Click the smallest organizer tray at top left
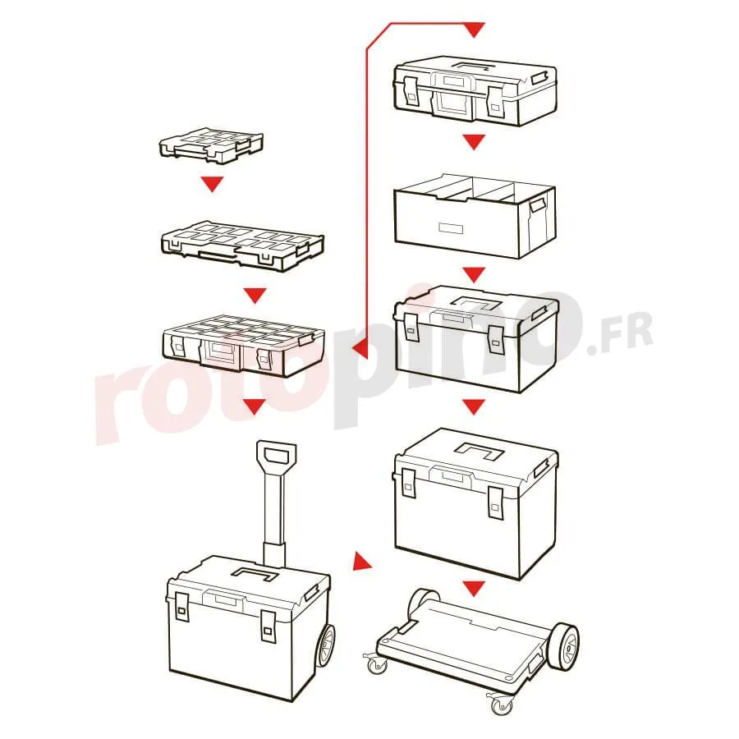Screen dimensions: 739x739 click(211, 145)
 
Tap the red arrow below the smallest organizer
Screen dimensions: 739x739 click(212, 183)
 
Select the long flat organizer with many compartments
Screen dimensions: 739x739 click(242, 245)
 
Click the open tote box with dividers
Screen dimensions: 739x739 click(475, 217)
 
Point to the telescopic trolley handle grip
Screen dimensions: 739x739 click(276, 454)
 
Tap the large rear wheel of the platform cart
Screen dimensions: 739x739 click(563, 645)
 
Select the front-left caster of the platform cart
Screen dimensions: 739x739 click(377, 664)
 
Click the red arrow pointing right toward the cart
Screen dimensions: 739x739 click(361, 561)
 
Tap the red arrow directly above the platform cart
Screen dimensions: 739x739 click(474, 588)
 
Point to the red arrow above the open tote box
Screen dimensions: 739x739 click(474, 141)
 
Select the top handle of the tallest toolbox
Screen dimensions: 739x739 click(479, 451)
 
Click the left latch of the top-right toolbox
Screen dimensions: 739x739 click(409, 91)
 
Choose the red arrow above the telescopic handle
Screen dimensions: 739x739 click(255, 406)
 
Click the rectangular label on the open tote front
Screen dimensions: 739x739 click(450, 228)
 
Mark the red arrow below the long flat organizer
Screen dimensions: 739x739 click(255, 295)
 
